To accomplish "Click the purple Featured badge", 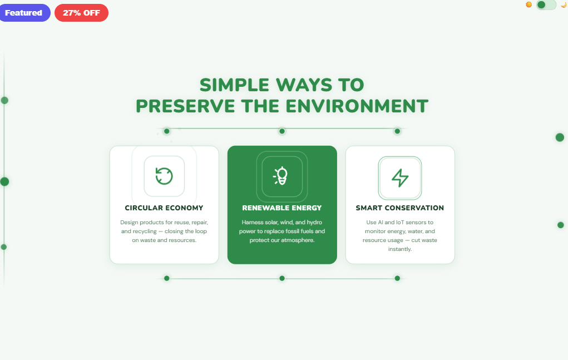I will coord(23,13).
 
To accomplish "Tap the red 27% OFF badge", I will coord(81,13).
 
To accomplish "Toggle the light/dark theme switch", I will coord(546,5).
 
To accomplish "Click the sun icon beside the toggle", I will coord(529,5).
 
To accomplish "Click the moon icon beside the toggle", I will coord(563,5).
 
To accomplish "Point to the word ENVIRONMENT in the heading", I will coord(357,106).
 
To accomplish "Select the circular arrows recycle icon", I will coord(164,176).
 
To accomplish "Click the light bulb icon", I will coord(282,176).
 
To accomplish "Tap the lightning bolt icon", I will coord(400,177).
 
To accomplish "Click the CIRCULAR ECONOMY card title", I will coord(164,208).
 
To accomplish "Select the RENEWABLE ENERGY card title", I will coord(282,208).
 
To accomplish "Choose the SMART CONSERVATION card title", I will coord(400,208).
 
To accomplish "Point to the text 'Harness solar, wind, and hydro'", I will coord(282,222).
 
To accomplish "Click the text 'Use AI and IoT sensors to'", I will coord(400,222).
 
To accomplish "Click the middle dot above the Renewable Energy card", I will coord(282,131).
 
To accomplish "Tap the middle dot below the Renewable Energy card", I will coord(282,278).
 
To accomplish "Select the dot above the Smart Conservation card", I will coord(397,131).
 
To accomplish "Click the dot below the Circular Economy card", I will coord(166,278).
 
